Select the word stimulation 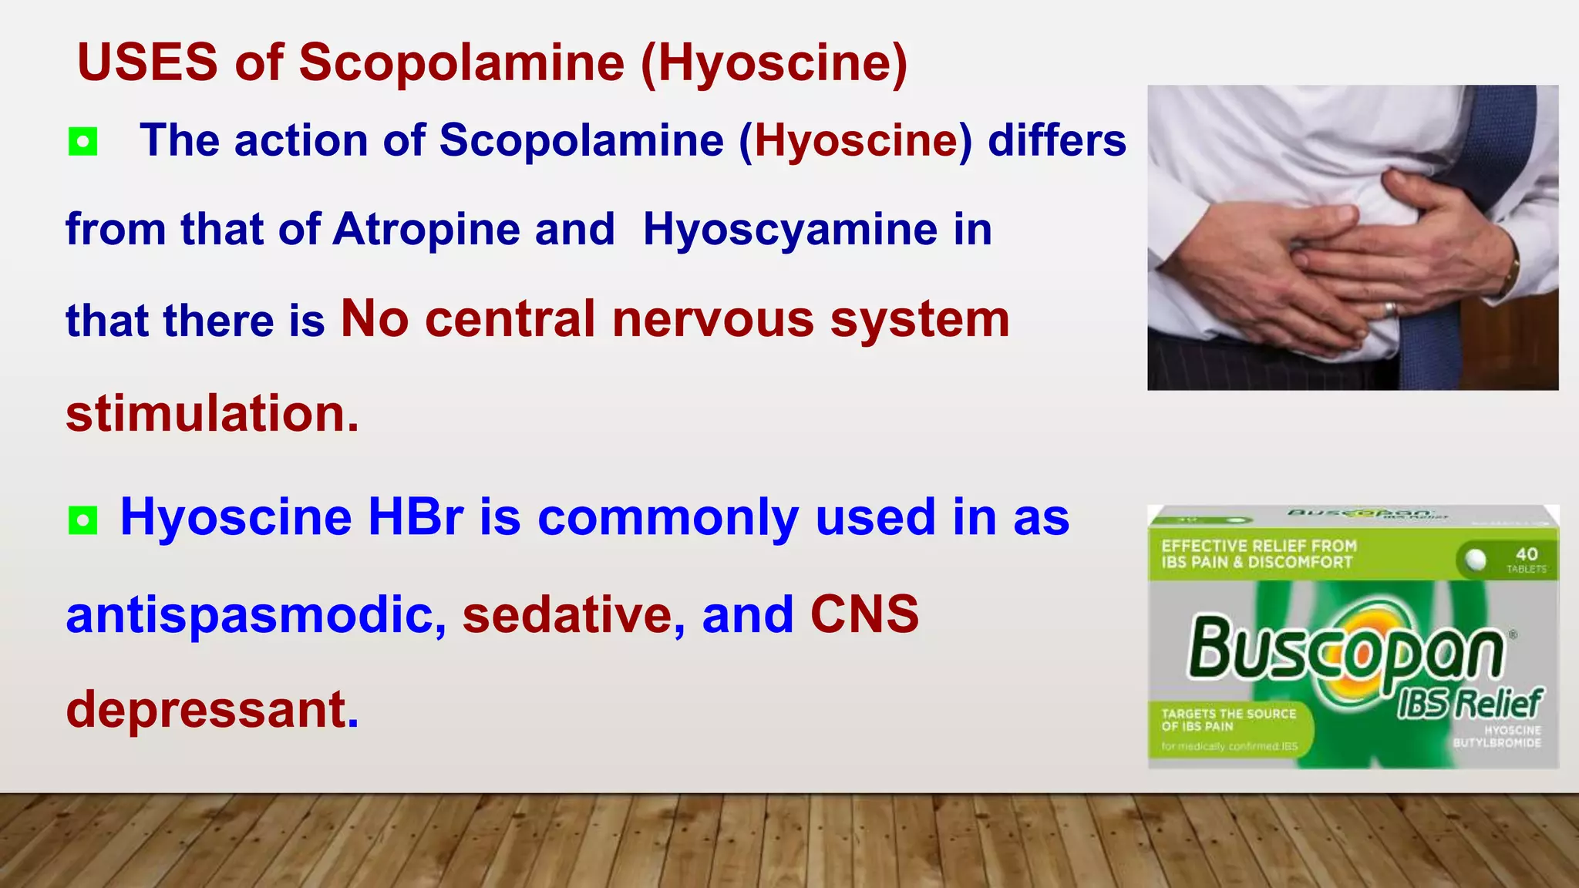212,414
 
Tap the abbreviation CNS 864,615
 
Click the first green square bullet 83,142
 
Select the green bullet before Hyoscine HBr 83,520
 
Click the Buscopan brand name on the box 1345,649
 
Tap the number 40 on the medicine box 1526,554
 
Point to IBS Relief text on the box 1470,703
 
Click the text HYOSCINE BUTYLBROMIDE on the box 1497,736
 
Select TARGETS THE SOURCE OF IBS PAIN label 1228,720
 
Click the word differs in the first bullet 1056,141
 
